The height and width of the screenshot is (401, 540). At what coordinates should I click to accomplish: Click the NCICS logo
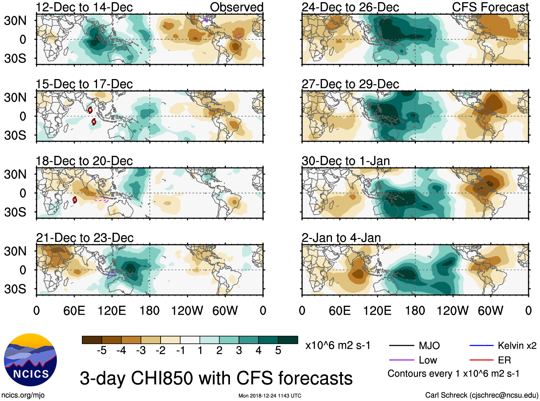coord(30,360)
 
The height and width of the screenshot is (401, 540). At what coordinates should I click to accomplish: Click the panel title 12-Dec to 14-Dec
coord(84,7)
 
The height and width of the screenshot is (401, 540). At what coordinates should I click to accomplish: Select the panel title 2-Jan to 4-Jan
coord(341,238)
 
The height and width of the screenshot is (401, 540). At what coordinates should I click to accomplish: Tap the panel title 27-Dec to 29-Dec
coord(350,84)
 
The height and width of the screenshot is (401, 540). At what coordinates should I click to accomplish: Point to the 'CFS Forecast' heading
coord(490,7)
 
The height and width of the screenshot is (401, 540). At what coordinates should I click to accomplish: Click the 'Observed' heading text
coord(236,7)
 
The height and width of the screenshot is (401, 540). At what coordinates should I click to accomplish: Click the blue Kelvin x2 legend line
coord(481,346)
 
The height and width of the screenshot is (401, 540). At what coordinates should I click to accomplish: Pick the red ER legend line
coord(481,360)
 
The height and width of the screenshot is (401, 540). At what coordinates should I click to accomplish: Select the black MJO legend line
coord(401,346)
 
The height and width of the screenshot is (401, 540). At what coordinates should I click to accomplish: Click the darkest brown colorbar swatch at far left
coord(92,340)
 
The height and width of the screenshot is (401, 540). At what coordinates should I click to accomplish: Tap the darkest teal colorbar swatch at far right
coord(288,340)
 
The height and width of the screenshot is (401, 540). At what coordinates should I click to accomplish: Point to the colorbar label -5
coord(102,351)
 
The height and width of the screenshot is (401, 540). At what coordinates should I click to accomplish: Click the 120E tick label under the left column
coord(112,310)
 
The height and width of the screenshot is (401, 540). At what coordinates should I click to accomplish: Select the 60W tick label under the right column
coord(491,310)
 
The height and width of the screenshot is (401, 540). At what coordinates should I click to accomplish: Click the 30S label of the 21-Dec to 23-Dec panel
coord(15,289)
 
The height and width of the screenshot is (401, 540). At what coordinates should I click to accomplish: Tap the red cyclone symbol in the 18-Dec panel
coord(75,200)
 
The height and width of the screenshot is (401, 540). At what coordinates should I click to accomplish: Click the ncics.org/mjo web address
coord(23,395)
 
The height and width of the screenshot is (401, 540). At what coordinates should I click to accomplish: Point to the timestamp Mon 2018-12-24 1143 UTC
coord(270,396)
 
